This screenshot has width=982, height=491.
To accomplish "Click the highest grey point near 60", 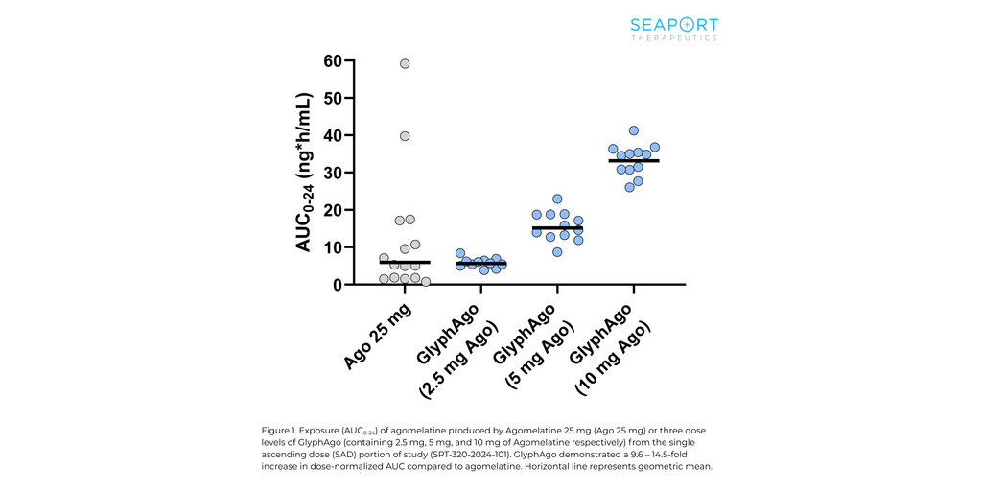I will coord(405,63).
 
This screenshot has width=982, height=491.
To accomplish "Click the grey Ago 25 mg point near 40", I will coord(405,136).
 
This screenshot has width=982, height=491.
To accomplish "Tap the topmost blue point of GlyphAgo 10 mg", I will coord(634,130).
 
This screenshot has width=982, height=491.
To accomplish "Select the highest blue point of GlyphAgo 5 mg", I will coord(557,199).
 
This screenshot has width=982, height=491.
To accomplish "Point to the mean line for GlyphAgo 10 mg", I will coord(634,160).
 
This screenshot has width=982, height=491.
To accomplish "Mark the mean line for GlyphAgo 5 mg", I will coord(557,228).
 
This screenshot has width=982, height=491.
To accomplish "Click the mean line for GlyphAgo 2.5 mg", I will coord(480,264).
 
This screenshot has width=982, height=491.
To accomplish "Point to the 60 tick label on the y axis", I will coord(333,60).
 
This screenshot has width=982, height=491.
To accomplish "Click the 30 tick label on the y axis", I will coord(333,173).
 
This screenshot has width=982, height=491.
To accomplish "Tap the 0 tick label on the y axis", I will coord(338,285).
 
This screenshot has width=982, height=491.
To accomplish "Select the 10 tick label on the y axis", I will coord(333,247).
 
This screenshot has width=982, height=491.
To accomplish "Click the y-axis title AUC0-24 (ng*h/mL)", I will coord(303,173).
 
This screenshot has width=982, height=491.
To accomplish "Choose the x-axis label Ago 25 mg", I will coord(381,336).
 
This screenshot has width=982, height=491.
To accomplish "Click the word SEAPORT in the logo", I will coord(674,25).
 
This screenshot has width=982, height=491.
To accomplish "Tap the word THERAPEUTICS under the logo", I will coord(674,38).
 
